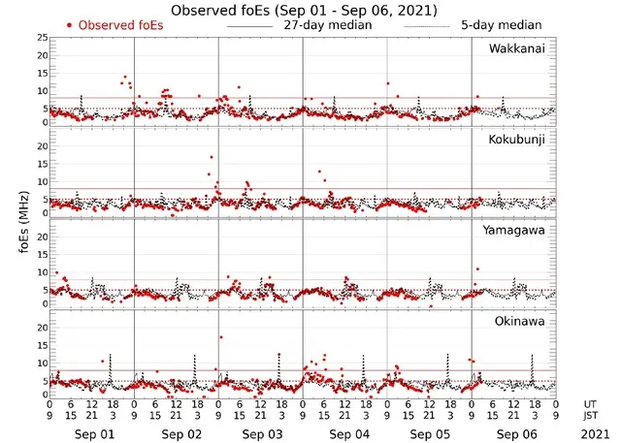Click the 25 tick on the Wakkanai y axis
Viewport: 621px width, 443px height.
click(x=42, y=38)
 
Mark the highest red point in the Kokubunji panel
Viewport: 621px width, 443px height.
click(x=212, y=156)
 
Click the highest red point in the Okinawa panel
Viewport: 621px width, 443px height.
click(x=221, y=337)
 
